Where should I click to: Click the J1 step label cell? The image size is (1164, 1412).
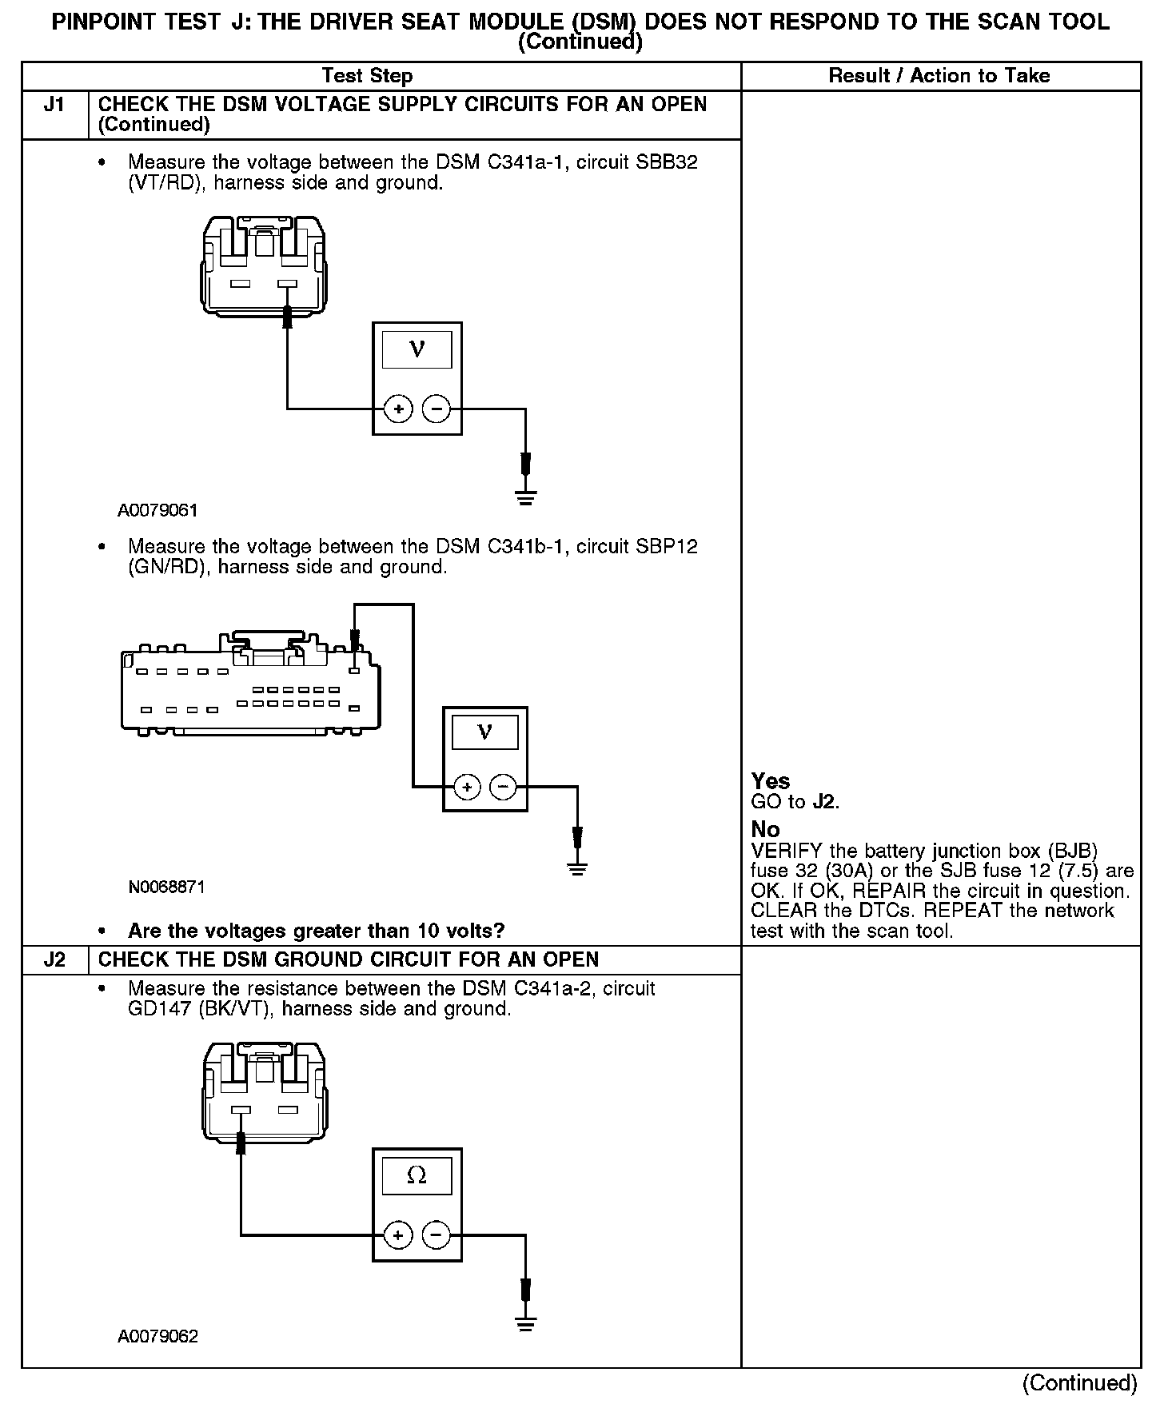[54, 106]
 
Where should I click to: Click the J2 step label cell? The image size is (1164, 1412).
[54, 959]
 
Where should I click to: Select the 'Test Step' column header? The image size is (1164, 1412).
[367, 76]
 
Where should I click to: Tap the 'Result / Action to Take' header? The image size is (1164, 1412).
[939, 76]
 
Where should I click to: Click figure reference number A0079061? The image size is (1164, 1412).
[157, 510]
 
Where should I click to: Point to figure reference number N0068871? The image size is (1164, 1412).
[167, 887]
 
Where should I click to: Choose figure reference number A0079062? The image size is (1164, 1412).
[157, 1336]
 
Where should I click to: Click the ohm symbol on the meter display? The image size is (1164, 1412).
[417, 1175]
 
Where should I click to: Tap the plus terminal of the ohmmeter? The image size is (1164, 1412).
[398, 1235]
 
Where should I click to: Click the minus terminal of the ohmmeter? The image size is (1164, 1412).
[436, 1235]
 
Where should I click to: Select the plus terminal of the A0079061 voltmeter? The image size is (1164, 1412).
[398, 409]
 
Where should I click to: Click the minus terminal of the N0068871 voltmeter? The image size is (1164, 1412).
[503, 788]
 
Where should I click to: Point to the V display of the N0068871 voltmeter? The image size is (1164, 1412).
[484, 732]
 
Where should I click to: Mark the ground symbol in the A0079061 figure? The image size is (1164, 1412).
[525, 497]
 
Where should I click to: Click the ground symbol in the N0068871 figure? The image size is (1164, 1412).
[577, 868]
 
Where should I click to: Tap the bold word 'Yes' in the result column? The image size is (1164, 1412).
[771, 781]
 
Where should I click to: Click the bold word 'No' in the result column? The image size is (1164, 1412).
[765, 829]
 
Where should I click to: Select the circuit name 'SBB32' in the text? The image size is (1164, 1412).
[666, 162]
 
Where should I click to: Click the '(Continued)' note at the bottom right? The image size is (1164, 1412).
[1079, 1383]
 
